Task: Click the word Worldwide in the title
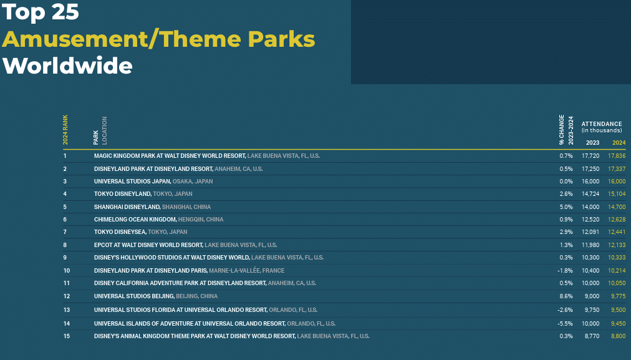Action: point(67,66)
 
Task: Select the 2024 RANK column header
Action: point(65,130)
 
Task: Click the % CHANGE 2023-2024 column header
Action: point(566,130)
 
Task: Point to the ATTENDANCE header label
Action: point(602,124)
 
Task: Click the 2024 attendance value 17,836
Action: point(617,156)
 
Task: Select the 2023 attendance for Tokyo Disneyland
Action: point(590,193)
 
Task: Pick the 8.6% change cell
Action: point(566,296)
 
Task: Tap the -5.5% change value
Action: point(565,323)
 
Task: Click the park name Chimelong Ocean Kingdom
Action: point(135,220)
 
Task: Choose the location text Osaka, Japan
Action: point(193,181)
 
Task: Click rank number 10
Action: point(66,271)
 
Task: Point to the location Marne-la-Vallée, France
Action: point(247,271)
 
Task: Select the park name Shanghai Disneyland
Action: point(127,207)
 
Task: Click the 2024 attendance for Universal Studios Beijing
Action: point(618,296)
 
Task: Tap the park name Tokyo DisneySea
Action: point(120,232)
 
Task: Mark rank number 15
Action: point(66,336)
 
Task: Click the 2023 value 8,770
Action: point(592,336)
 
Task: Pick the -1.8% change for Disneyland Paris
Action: point(565,271)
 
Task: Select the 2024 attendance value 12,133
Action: point(617,245)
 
